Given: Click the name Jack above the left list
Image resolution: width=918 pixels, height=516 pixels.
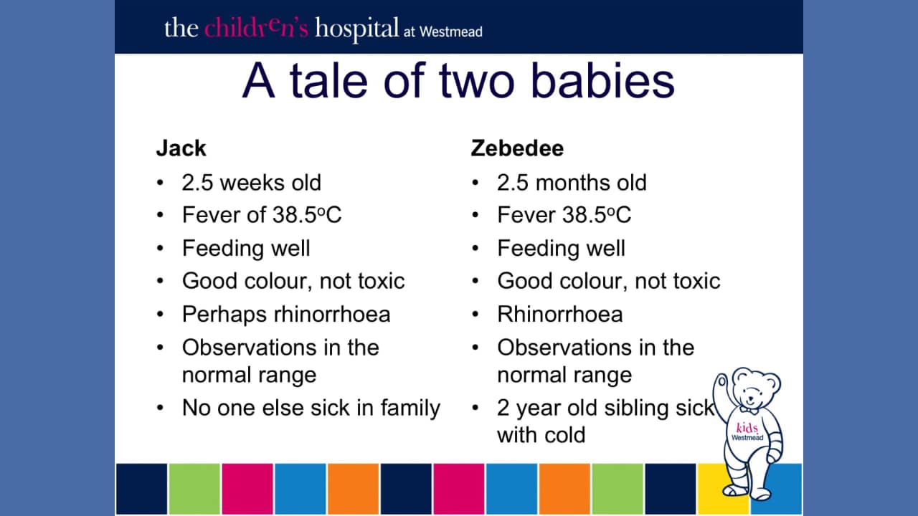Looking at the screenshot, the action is [181, 148].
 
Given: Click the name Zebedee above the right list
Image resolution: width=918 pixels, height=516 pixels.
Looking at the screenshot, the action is [517, 148].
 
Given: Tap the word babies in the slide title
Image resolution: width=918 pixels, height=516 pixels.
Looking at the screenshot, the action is [603, 80].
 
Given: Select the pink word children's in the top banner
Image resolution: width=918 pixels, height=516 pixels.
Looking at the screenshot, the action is [256, 28].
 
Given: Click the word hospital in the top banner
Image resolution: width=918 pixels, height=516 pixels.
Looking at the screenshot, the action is [356, 29].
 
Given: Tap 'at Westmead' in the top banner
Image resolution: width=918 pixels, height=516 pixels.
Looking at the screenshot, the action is [443, 32].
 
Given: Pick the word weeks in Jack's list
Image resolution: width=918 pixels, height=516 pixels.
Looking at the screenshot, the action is [252, 183].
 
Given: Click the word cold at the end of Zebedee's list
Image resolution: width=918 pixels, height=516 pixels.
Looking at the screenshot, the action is [564, 435].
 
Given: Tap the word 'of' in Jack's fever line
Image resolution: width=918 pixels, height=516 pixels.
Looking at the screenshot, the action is [257, 214].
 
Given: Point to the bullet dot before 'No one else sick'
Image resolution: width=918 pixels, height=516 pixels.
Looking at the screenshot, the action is [160, 408].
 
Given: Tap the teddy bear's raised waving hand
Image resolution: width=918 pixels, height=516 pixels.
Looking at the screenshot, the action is [722, 383].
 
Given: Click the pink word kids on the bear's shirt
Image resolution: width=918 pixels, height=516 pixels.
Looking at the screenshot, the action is [747, 428].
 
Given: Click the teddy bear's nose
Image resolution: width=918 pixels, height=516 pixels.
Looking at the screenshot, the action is [750, 397].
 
